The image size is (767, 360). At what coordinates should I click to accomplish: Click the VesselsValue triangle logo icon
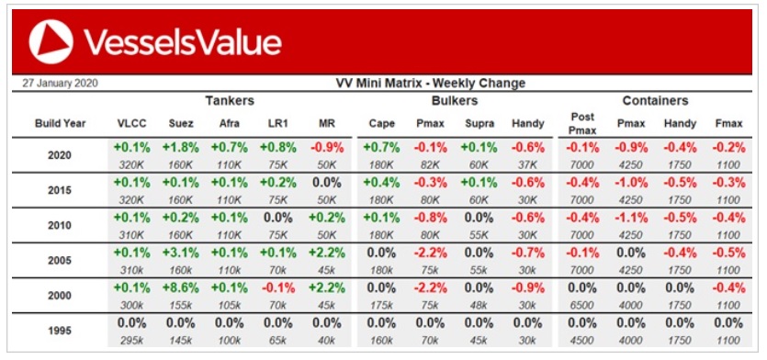click(51, 41)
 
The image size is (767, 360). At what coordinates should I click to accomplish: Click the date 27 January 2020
click(60, 84)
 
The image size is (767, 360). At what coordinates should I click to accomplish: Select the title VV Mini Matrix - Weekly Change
click(430, 84)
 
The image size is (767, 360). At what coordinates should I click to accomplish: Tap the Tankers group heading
click(230, 101)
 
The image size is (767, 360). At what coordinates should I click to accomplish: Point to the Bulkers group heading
click(455, 101)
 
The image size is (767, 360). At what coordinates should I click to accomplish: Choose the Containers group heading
click(655, 101)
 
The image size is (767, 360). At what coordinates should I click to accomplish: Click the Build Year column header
click(60, 124)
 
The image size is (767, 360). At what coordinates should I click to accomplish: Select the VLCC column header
click(132, 124)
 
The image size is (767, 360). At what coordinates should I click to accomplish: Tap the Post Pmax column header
click(582, 124)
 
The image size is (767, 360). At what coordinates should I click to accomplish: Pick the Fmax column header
click(728, 124)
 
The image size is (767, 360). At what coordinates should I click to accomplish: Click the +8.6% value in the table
click(181, 287)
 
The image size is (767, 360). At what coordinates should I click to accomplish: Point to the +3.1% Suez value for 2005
click(181, 253)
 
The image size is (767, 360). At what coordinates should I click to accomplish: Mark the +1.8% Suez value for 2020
click(181, 147)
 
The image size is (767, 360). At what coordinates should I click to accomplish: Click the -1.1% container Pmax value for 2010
click(630, 217)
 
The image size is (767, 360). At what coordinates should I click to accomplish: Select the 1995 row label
click(60, 331)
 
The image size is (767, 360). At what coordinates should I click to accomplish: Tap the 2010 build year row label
click(60, 226)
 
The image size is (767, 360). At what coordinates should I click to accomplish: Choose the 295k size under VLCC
click(132, 341)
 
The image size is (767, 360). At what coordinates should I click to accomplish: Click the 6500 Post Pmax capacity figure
click(582, 305)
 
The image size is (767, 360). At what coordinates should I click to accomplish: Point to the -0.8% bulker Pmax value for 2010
click(431, 217)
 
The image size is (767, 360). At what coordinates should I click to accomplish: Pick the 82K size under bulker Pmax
click(431, 164)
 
